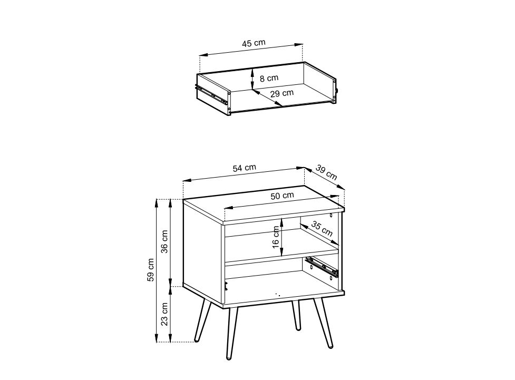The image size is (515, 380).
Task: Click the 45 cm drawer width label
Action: click(x=254, y=43)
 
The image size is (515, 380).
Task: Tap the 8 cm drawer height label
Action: click(x=269, y=79)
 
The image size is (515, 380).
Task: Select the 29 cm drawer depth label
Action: click(x=282, y=93)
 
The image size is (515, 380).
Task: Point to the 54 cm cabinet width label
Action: click(x=245, y=168)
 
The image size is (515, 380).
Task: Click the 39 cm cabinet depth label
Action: click(x=326, y=172)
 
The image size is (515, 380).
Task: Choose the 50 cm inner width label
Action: click(x=282, y=196)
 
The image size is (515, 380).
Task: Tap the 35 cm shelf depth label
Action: click(x=322, y=229)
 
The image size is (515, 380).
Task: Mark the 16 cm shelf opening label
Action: click(x=276, y=237)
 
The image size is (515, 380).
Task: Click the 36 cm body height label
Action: click(x=164, y=241)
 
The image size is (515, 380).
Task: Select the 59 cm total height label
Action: click(x=150, y=270)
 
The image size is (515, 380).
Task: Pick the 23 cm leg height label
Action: click(x=164, y=314)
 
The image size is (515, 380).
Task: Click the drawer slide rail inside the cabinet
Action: click(x=322, y=266)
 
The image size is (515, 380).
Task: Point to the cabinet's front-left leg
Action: click(x=231, y=333)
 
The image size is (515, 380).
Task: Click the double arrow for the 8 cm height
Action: click(x=252, y=79)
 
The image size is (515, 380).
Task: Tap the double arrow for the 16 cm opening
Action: click(x=282, y=237)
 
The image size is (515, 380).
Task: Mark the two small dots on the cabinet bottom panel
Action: click(x=278, y=295)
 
